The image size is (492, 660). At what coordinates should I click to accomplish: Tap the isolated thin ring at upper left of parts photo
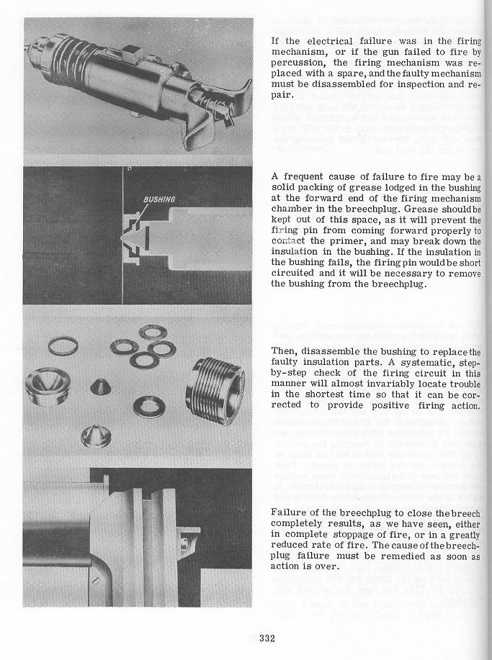click(63, 346)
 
